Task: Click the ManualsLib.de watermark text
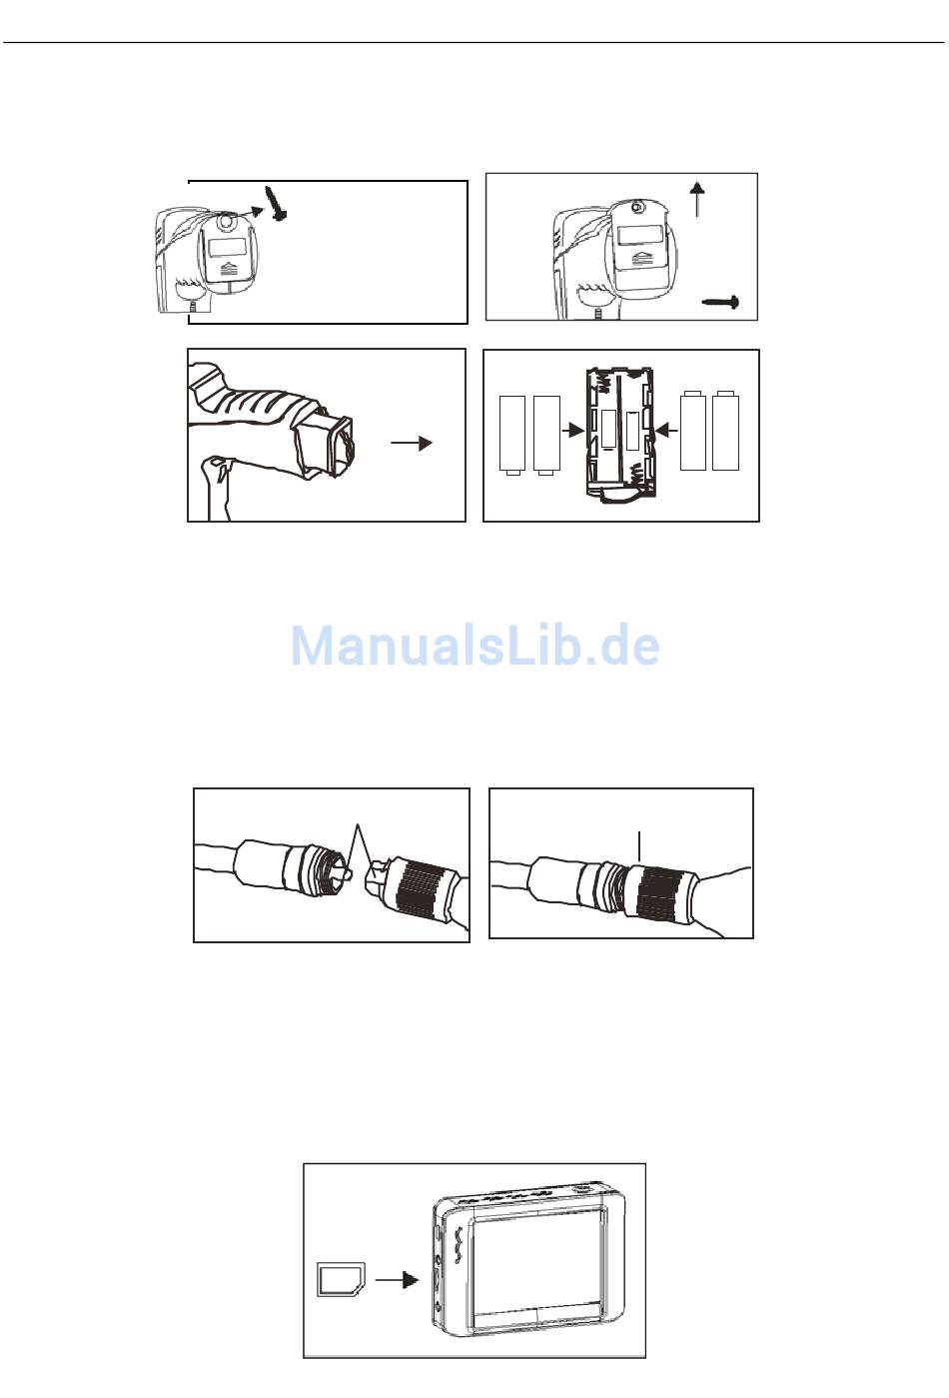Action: click(474, 646)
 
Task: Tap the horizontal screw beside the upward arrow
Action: click(720, 302)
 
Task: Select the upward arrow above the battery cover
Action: click(697, 199)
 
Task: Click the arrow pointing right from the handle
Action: click(412, 443)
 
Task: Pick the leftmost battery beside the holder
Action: click(512, 434)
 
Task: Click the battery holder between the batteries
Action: click(620, 436)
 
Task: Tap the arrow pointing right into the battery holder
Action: click(571, 430)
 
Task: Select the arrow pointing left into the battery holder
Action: click(668, 430)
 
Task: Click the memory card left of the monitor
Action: click(342, 1280)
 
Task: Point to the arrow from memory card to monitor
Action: click(397, 1279)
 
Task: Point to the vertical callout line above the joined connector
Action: click(639, 847)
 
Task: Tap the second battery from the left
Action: click(546, 434)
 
